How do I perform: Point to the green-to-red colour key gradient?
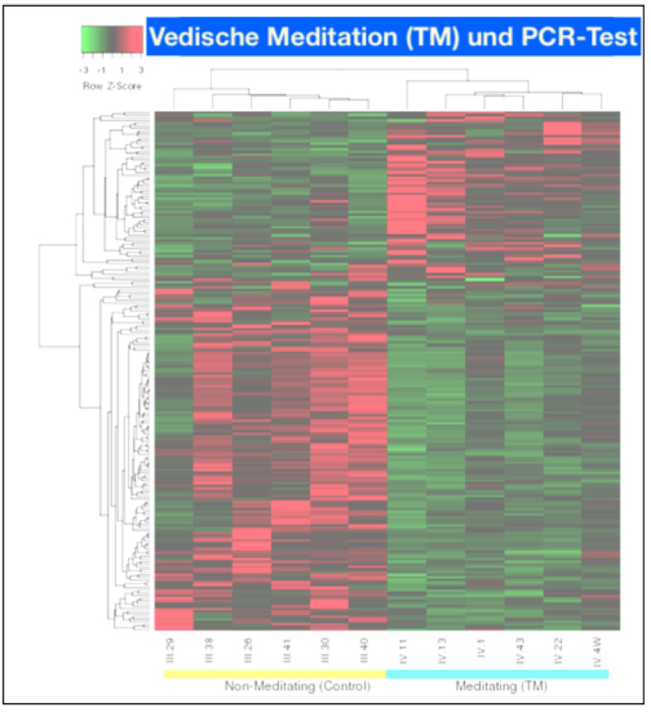111,40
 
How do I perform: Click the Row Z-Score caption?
111,86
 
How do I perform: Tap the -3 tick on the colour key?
84,70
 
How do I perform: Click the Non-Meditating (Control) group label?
298,687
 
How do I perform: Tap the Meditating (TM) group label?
502,687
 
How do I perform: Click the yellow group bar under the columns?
274,674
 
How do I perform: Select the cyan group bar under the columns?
497,674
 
